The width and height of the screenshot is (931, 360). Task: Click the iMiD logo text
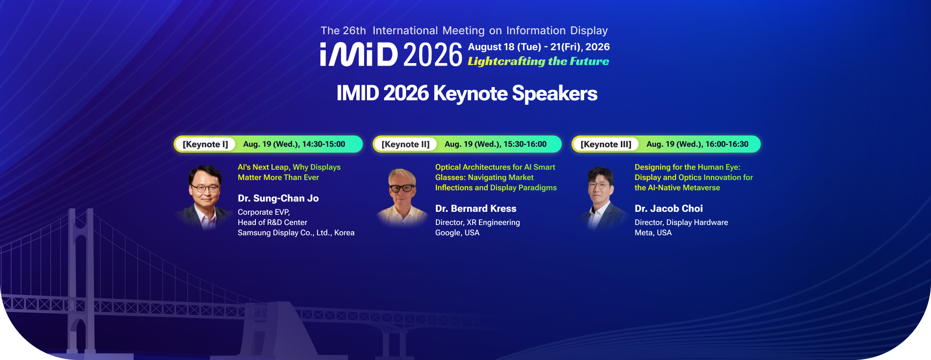click(x=359, y=54)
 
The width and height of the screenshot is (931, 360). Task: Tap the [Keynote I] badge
click(x=205, y=144)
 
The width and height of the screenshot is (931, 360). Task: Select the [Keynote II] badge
click(x=406, y=144)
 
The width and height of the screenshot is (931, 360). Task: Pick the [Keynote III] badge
click(x=606, y=144)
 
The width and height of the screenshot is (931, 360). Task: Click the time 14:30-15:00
click(x=324, y=144)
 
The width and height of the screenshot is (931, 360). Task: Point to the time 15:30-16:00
click(x=525, y=144)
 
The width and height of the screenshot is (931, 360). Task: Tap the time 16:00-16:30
click(x=727, y=144)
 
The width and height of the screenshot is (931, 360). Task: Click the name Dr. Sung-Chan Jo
click(x=278, y=198)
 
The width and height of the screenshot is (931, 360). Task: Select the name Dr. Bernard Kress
click(x=476, y=208)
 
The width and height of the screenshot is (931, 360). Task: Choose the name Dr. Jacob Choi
click(x=669, y=208)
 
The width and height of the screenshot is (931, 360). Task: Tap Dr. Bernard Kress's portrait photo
click(x=403, y=197)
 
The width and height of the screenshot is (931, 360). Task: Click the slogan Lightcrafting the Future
click(x=538, y=61)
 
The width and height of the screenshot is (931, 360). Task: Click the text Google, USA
click(x=457, y=233)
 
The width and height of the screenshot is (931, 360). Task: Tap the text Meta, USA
click(x=653, y=233)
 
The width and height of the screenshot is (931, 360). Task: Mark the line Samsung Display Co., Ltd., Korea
click(x=296, y=233)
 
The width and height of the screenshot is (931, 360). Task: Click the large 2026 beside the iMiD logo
click(x=433, y=54)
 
